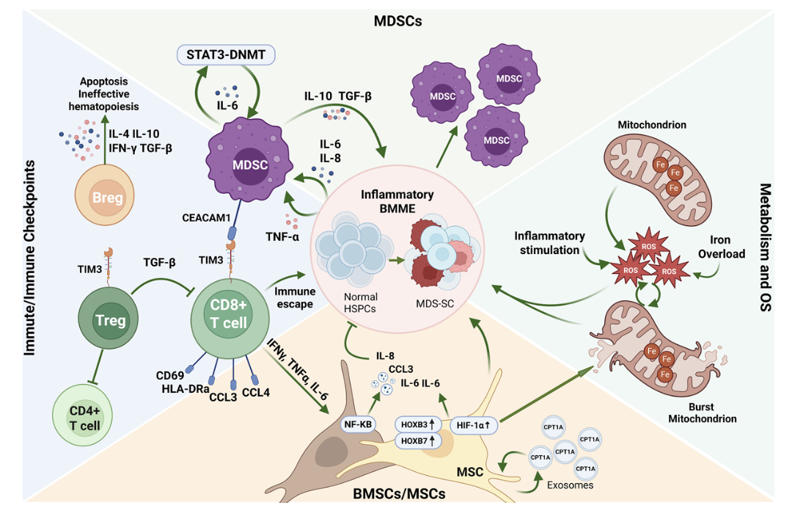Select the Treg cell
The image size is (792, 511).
[x=109, y=319]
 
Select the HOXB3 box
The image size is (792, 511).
[x=418, y=424]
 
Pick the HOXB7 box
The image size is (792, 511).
[x=418, y=441]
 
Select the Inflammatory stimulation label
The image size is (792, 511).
[x=549, y=243]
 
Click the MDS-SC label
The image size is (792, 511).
[x=436, y=302]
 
